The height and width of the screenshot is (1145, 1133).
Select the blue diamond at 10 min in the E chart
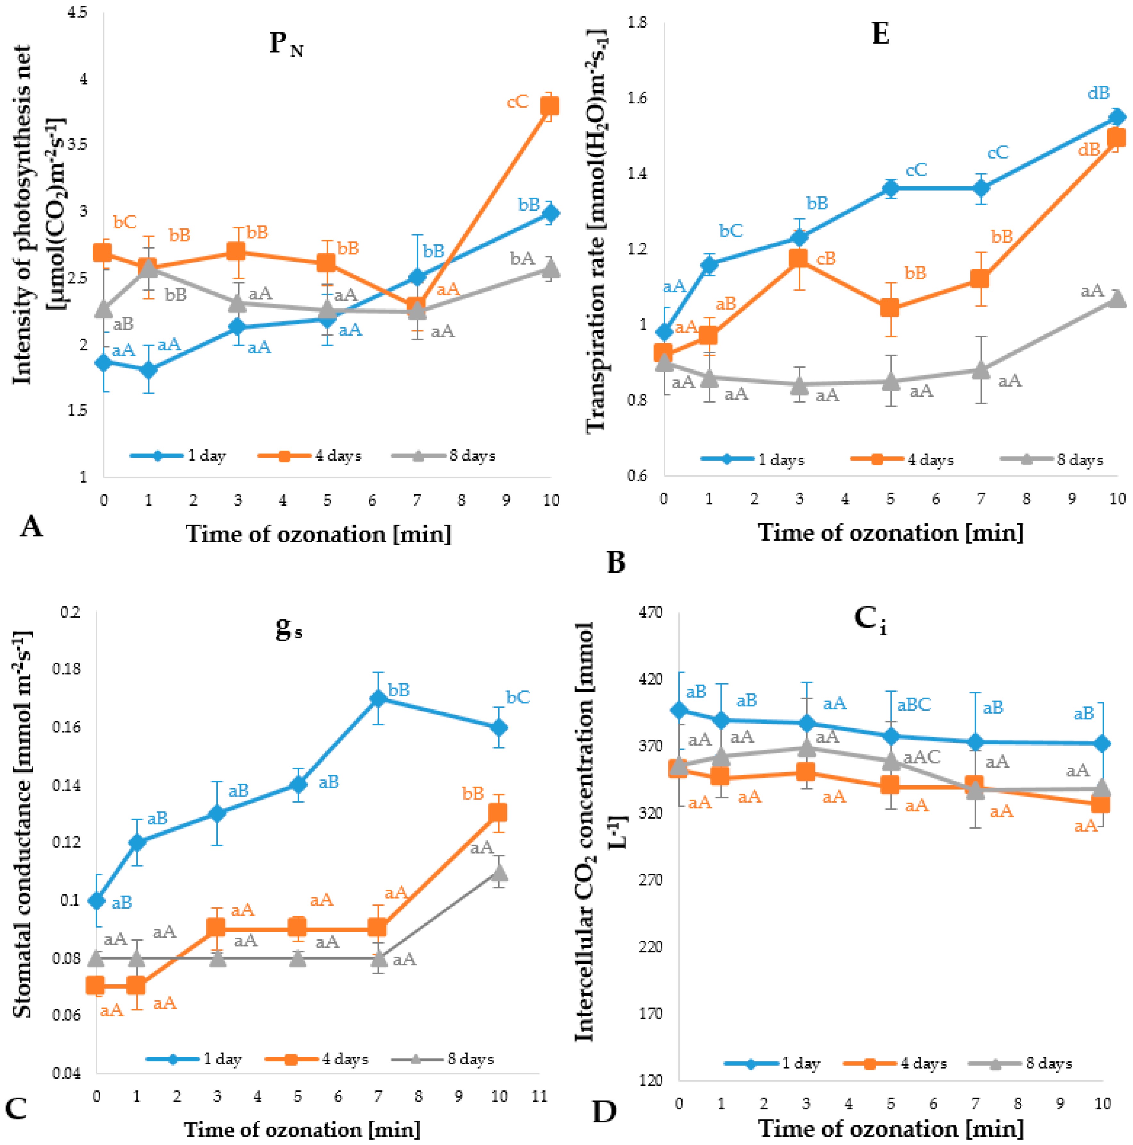(1117, 117)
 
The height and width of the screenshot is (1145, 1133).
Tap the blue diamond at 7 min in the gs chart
(378, 698)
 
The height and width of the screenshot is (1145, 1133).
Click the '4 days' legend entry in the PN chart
(310, 456)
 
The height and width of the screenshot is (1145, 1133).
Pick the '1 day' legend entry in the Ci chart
(772, 1063)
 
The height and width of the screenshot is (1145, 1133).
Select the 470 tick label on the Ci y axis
(651, 612)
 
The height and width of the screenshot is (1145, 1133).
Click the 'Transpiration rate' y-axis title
(596, 231)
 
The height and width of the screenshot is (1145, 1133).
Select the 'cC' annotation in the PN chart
(517, 102)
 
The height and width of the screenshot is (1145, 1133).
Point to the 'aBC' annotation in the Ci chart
(914, 705)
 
